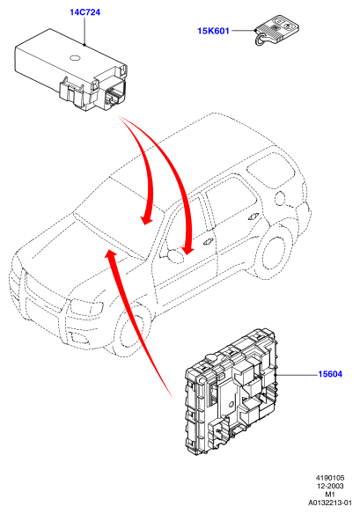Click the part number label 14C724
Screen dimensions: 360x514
click(84, 12)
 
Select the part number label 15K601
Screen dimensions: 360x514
click(213, 31)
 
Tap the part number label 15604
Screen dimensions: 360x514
click(330, 374)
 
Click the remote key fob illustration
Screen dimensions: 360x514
click(277, 30)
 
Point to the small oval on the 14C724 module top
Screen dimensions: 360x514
click(76, 58)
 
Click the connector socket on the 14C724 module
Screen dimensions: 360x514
click(114, 95)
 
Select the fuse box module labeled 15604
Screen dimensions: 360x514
click(231, 392)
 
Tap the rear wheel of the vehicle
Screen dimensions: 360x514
click(274, 251)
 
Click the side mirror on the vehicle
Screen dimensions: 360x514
click(175, 255)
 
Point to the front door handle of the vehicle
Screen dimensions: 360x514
click(208, 242)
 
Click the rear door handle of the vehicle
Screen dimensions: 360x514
click(254, 216)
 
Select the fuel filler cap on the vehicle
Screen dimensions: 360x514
click(281, 198)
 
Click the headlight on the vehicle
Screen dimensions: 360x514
click(86, 307)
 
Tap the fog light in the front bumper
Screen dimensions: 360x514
click(79, 338)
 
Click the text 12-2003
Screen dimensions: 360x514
click(330, 486)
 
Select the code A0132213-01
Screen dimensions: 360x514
click(329, 503)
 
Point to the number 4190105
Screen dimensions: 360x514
click(330, 478)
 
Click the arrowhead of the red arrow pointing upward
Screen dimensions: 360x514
click(111, 254)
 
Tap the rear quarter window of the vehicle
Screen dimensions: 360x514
click(271, 169)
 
